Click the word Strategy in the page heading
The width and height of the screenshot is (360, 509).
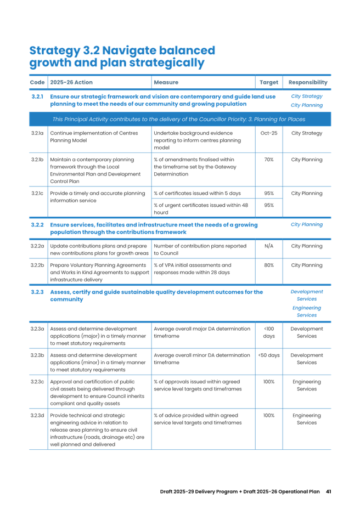tap(53, 51)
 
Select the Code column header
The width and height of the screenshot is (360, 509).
tap(37, 82)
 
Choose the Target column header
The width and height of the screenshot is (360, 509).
tap(268, 82)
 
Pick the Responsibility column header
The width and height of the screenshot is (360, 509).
tap(308, 82)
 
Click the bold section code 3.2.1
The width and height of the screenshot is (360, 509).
tap(37, 96)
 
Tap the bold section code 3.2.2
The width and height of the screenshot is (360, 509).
tap(37, 224)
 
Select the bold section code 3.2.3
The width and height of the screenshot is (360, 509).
tap(37, 292)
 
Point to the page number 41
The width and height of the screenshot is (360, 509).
tap(328, 491)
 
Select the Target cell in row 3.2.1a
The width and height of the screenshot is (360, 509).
tap(268, 133)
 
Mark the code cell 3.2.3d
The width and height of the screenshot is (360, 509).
tap(37, 415)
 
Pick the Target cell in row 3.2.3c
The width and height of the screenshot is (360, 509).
tap(268, 381)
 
